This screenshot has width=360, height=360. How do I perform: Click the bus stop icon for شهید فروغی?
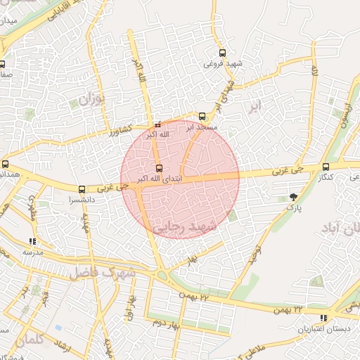coord(223,53)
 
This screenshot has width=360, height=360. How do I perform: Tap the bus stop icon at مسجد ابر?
coord(202,116)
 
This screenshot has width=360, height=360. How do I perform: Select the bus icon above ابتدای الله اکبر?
coord(159,168)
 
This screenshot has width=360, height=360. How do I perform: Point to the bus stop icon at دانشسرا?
coord(82,189)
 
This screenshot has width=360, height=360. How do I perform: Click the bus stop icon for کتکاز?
coord(325,167)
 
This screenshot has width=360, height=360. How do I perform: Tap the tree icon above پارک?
coord(293,198)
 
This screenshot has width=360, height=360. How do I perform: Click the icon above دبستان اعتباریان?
coord(303,319)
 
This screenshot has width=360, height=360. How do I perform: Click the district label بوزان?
coord(90,99)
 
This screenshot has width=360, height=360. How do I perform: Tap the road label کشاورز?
coord(116,131)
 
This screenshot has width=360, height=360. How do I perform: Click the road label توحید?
coord(257,255)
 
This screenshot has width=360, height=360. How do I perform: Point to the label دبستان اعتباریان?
coord(303,329)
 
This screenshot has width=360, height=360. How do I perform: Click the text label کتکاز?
coord(325,177)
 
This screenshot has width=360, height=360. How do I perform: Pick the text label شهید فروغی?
coord(223,64)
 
